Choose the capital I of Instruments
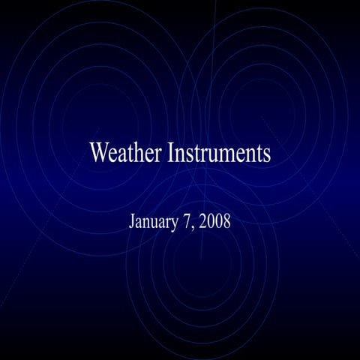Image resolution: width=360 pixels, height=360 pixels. (171, 153)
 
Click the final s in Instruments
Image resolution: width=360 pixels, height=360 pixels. (266, 154)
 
